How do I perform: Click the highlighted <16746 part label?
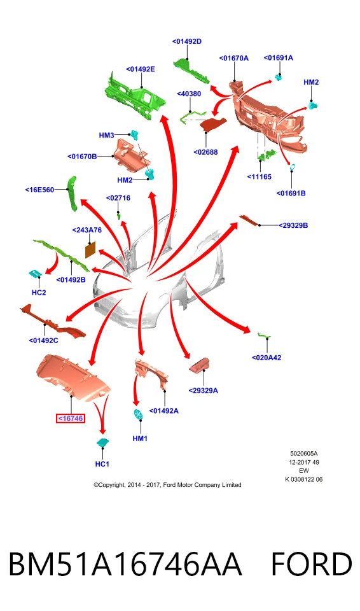tap(71, 419)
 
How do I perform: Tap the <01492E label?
tap(141, 69)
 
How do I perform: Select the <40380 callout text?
tap(189, 94)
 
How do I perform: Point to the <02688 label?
tap(205, 152)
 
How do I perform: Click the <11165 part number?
tap(260, 176)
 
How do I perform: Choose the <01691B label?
tap(291, 193)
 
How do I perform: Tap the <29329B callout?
tap(293, 225)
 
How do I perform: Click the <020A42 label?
tap(267, 358)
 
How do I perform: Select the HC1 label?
tap(102, 464)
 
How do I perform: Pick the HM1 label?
tap(140, 439)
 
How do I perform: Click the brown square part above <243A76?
tap(90, 249)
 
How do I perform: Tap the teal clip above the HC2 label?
tap(36, 274)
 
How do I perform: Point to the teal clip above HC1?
tap(103, 442)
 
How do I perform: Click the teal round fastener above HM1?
tap(138, 414)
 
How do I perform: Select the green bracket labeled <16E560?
tap(72, 193)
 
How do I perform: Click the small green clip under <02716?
tap(118, 215)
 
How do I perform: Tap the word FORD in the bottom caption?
tap(311, 565)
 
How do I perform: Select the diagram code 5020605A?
tap(304, 454)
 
